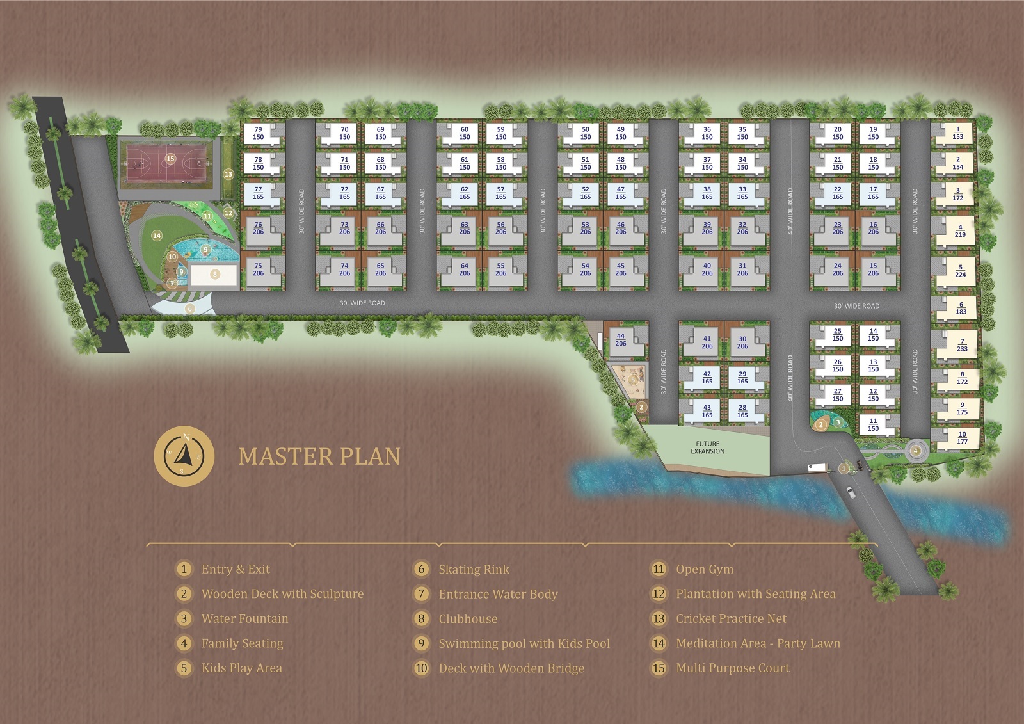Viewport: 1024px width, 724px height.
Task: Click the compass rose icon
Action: tap(184, 455)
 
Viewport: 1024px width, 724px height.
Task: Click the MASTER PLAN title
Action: tap(319, 456)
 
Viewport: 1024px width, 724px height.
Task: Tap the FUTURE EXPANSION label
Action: tap(707, 447)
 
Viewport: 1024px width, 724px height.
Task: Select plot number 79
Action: tap(258, 133)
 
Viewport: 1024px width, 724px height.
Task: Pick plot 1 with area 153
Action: tap(957, 133)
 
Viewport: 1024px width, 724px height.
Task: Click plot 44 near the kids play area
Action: tap(620, 339)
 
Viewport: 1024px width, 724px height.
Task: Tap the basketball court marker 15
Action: tap(170, 159)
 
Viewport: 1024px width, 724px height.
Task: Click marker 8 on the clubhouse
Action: tap(215, 274)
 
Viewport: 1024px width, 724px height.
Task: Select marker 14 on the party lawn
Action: tap(157, 236)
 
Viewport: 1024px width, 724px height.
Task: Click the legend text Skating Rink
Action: tap(474, 569)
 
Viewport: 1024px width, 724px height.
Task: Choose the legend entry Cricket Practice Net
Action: tap(731, 618)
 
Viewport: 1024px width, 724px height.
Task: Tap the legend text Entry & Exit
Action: tap(236, 569)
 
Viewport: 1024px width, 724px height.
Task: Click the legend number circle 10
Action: tap(421, 668)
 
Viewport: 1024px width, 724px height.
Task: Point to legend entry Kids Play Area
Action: tap(241, 668)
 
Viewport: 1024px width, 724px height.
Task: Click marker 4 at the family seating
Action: tap(916, 451)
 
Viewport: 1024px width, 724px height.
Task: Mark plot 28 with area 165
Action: tap(742, 411)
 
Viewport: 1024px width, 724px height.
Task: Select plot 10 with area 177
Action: tap(962, 438)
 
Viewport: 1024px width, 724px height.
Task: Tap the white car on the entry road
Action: tap(851, 492)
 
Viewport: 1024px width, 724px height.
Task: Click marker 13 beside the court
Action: tap(228, 173)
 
